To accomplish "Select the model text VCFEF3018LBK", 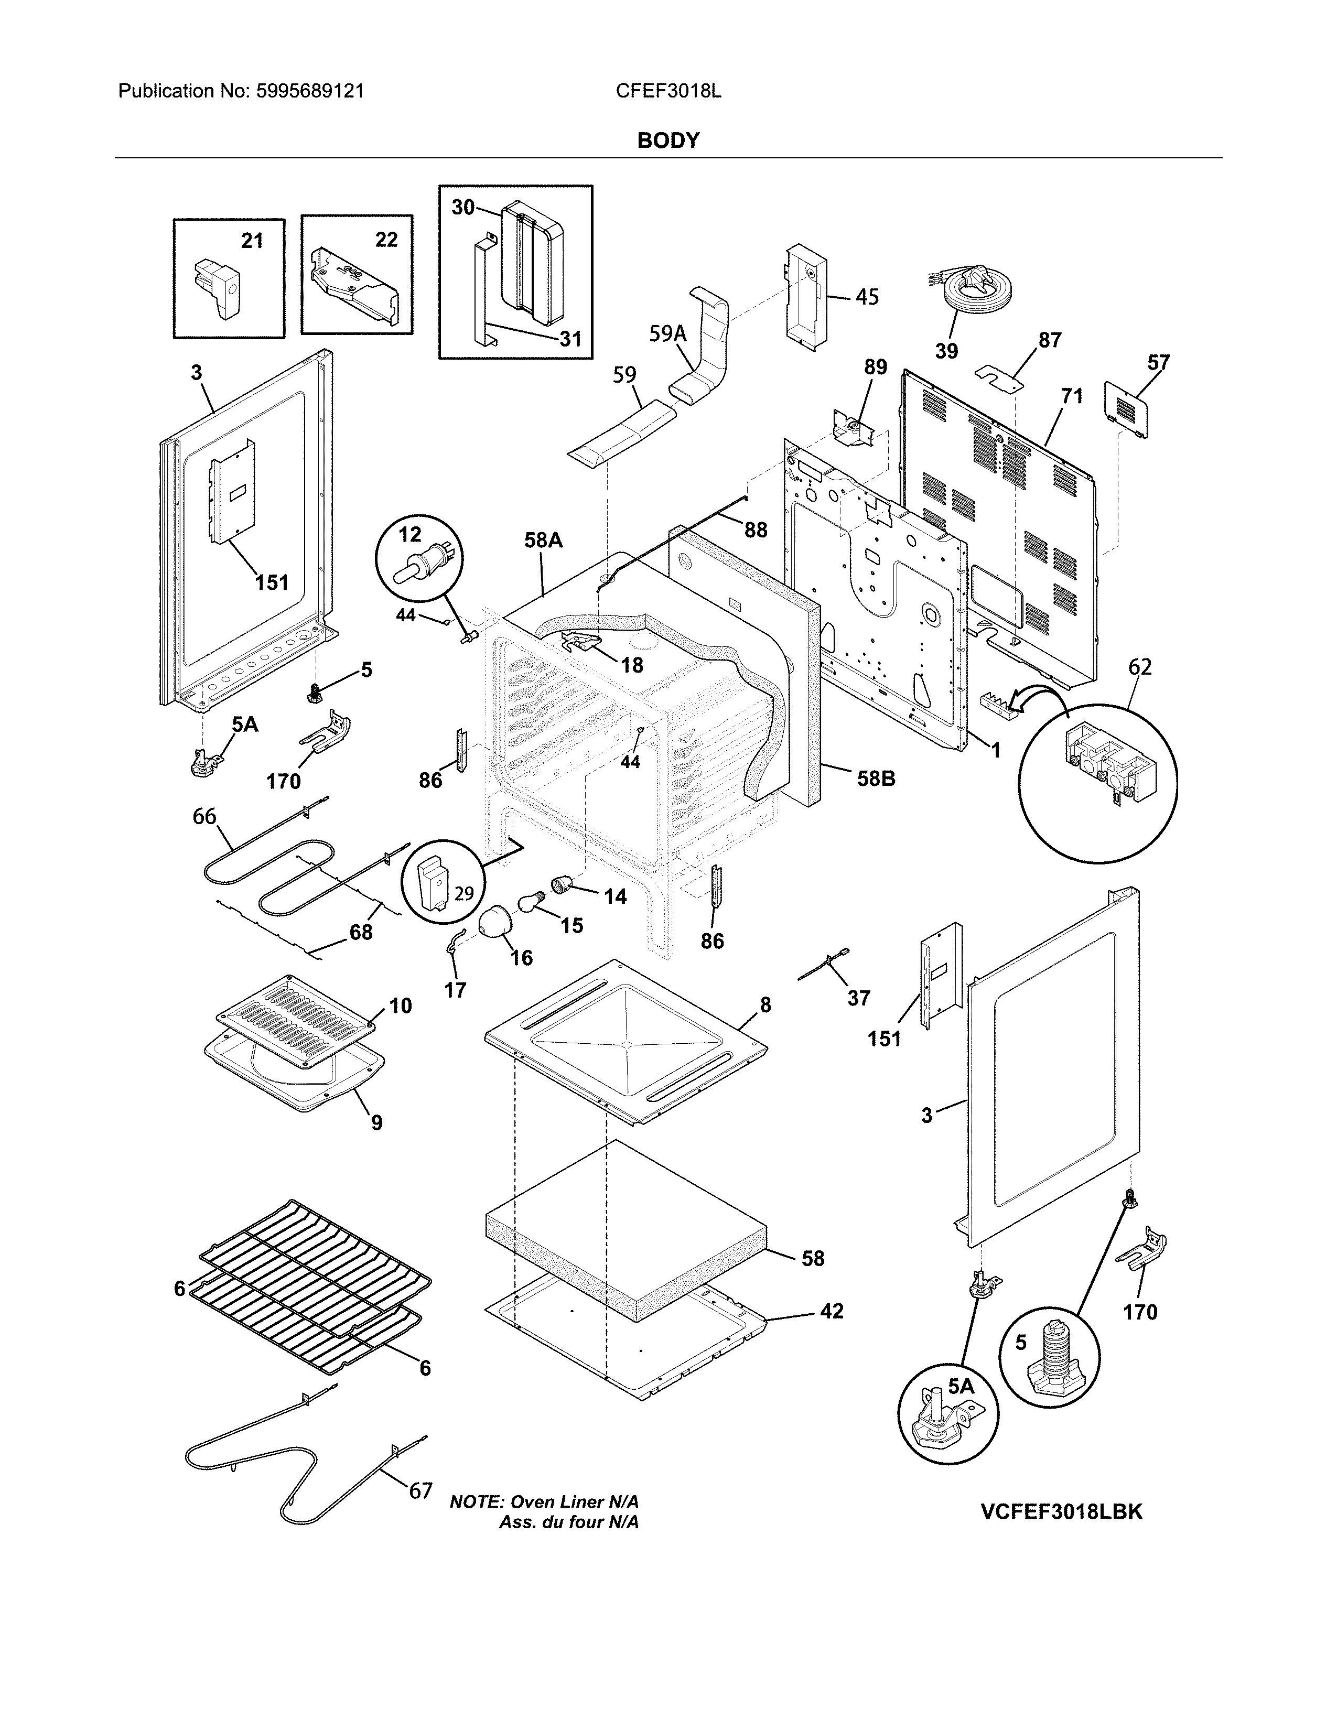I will [1061, 1512].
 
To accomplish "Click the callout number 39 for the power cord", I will [946, 351].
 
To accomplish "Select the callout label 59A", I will [667, 334].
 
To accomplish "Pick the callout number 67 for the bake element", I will [420, 1491].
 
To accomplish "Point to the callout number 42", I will [831, 1311].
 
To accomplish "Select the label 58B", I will [876, 779].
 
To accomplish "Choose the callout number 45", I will [867, 297].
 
